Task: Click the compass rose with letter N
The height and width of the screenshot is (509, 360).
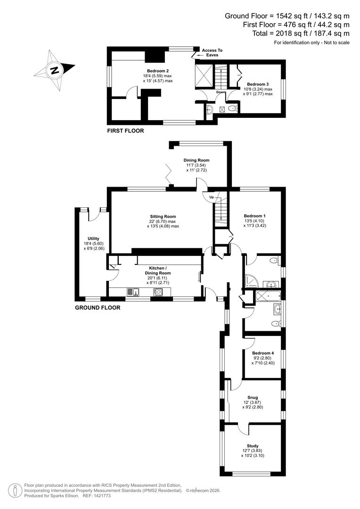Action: tap(55, 71)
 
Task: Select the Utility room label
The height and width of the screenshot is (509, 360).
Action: tap(92, 238)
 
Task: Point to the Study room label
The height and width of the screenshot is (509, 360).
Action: tap(253, 446)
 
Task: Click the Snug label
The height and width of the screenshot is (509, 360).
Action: tap(253, 397)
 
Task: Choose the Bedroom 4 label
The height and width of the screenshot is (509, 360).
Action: tap(262, 353)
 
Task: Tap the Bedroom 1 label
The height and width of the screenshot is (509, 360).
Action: tap(255, 216)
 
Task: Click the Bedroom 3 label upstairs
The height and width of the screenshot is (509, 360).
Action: tap(258, 84)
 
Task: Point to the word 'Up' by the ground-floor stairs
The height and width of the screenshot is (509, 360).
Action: tap(212, 197)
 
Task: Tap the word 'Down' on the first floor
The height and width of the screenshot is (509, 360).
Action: tap(221, 92)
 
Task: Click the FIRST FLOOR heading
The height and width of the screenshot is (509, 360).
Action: tap(125, 131)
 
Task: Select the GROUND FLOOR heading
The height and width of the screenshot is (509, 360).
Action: tap(98, 308)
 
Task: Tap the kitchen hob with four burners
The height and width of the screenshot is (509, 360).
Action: tap(158, 292)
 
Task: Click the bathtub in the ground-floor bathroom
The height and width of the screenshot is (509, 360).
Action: tap(267, 296)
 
